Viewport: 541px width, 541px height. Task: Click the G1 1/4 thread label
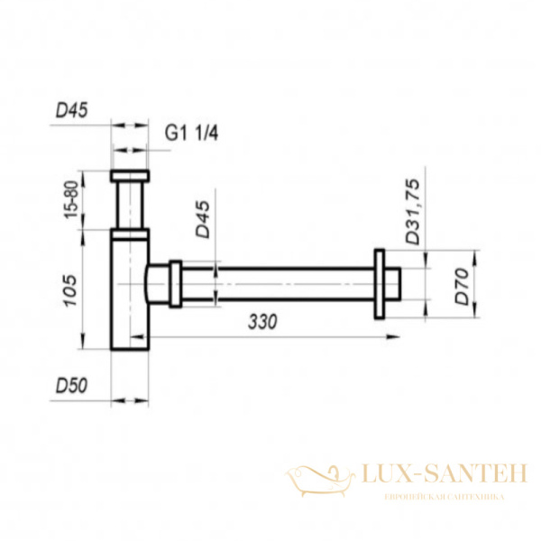pyautogui.click(x=191, y=133)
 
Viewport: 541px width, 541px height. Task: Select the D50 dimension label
pyautogui.click(x=72, y=386)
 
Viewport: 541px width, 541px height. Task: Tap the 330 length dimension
pyautogui.click(x=262, y=322)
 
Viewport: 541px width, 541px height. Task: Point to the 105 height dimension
pyautogui.click(x=70, y=290)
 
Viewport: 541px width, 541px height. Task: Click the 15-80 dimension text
pyautogui.click(x=72, y=199)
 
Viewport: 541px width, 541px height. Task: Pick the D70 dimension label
pyautogui.click(x=462, y=287)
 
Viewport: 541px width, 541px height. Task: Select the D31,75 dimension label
pyautogui.click(x=413, y=212)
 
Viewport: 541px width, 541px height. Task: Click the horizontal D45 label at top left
pyautogui.click(x=72, y=110)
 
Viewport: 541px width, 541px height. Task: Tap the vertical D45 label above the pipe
pyautogui.click(x=203, y=219)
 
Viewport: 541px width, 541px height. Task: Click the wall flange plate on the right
pyautogui.click(x=380, y=284)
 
